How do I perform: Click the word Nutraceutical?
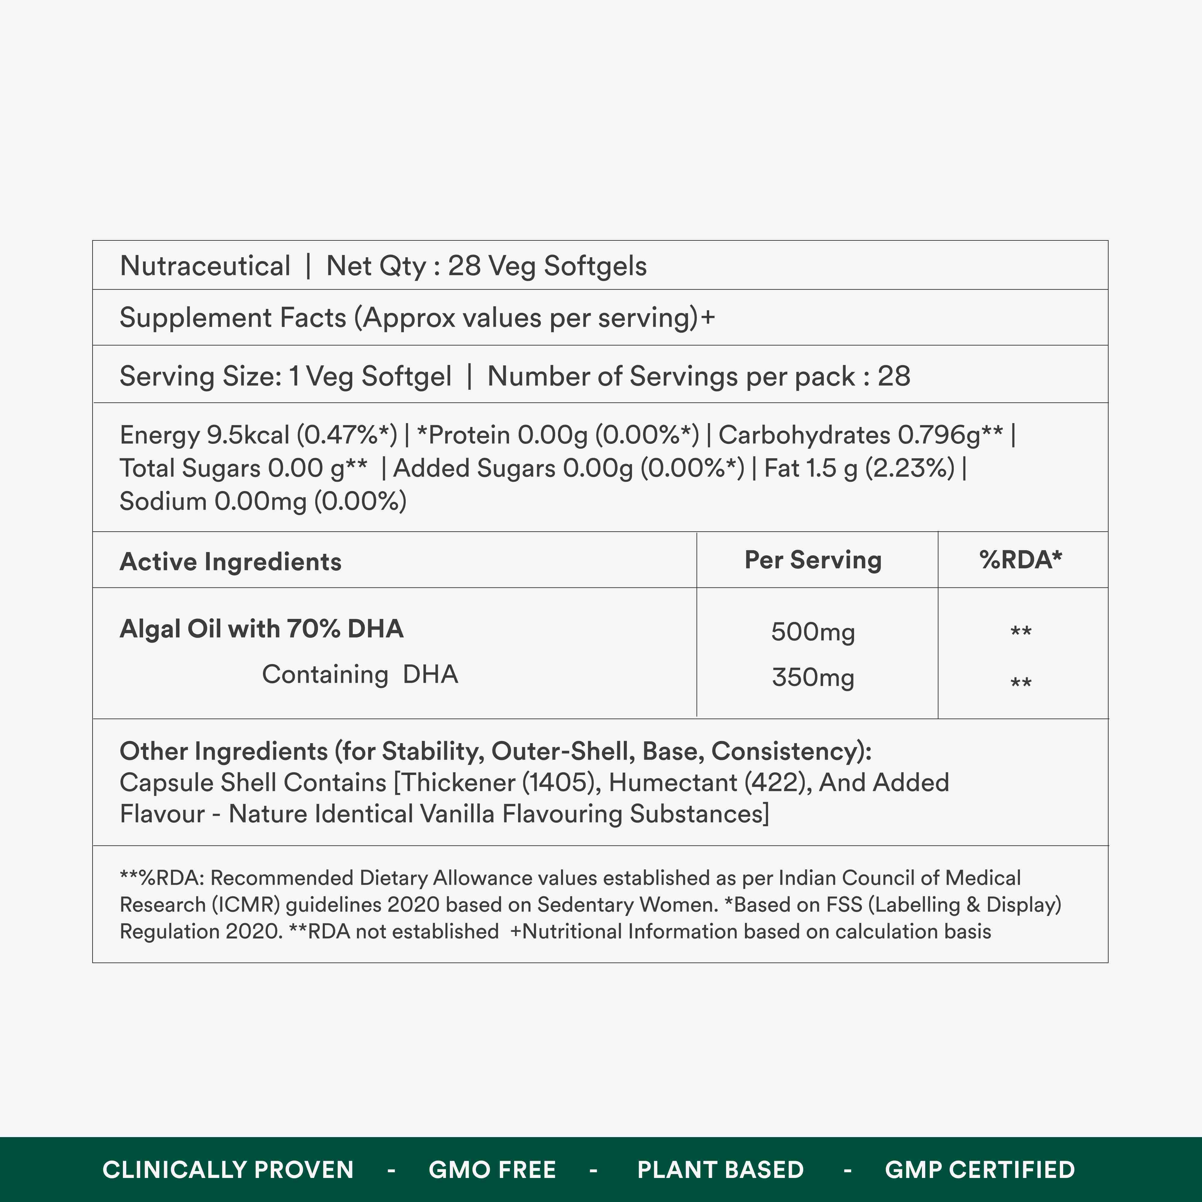205,266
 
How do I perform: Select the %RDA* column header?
1020,560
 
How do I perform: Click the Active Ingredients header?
230,562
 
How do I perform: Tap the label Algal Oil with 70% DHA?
261,629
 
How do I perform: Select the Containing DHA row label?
360,674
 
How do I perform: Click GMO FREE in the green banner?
492,1170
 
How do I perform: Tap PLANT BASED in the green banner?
721,1170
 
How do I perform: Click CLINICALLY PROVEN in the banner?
228,1170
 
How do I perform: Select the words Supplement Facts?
233,318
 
